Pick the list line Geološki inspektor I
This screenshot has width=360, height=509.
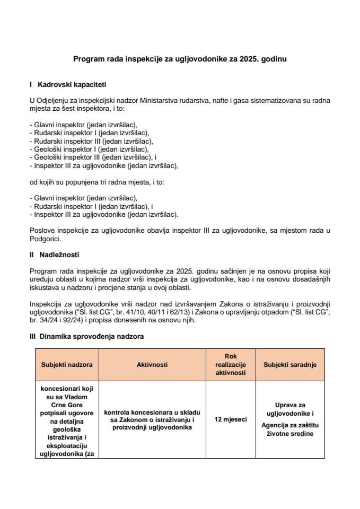[89, 149]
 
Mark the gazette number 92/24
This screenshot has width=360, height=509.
[73, 320]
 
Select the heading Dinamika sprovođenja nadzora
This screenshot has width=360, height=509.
[91, 336]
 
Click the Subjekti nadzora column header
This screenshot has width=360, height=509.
[67, 365]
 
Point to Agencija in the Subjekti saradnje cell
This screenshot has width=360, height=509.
[276, 425]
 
